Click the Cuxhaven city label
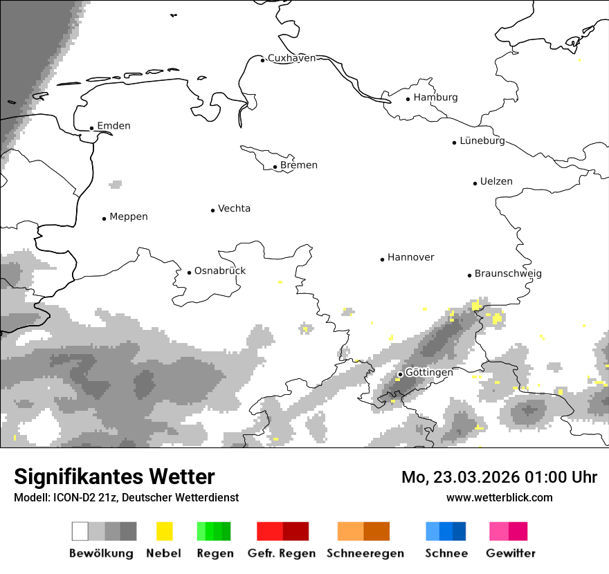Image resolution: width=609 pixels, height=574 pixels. (291, 58)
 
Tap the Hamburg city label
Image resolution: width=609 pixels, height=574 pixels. (435, 98)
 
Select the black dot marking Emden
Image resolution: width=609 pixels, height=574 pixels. (91, 128)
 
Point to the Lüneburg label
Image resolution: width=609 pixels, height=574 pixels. (482, 141)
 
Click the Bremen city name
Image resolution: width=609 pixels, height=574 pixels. (299, 165)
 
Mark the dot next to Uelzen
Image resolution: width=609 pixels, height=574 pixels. (475, 183)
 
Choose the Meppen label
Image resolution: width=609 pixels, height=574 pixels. (129, 217)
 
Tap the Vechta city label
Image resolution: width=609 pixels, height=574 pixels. (234, 209)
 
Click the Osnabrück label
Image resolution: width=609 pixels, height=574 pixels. (220, 271)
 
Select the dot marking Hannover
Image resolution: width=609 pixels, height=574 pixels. (382, 259)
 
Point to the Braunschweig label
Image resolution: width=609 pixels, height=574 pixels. (508, 274)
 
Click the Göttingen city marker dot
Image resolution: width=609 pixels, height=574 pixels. (400, 374)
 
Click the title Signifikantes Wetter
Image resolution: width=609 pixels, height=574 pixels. (114, 476)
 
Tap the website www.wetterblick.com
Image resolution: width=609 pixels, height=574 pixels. (499, 497)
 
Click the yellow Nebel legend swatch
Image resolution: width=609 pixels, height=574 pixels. (164, 531)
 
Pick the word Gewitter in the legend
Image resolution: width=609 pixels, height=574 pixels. (511, 553)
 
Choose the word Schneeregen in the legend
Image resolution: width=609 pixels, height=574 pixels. (365, 553)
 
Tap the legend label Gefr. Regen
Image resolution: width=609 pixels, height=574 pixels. (282, 553)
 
